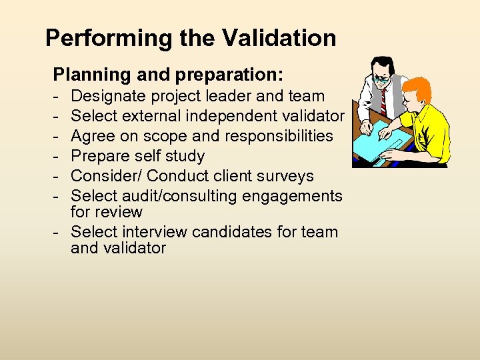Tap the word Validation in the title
[279, 38]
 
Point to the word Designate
[106, 96]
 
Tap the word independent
[234, 116]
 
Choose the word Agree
[93, 137]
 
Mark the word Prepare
[99, 157]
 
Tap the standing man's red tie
[383, 100]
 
